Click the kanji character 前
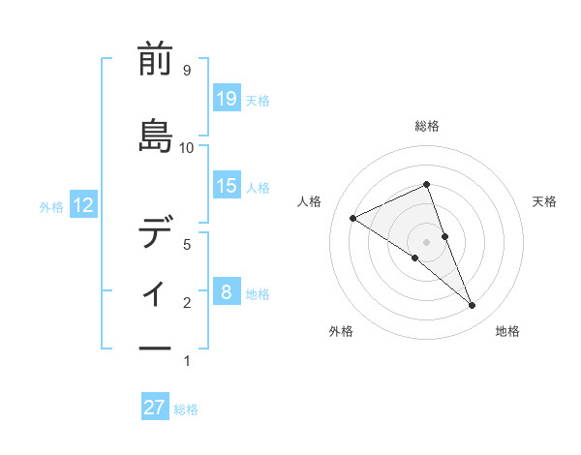(x=155, y=60)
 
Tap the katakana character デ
(x=155, y=234)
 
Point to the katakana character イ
(x=155, y=290)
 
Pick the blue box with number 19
(x=226, y=98)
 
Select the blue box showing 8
(x=226, y=291)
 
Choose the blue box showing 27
(x=155, y=407)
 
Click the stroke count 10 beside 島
(x=187, y=148)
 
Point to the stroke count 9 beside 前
(x=186, y=71)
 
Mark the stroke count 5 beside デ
(x=186, y=245)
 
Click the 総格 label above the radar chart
(x=427, y=126)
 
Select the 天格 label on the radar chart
(x=544, y=201)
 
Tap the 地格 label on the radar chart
(x=507, y=331)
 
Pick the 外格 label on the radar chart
(x=341, y=331)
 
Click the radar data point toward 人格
(x=352, y=218)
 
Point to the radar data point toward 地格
(x=473, y=306)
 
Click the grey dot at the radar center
(x=426, y=241)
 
